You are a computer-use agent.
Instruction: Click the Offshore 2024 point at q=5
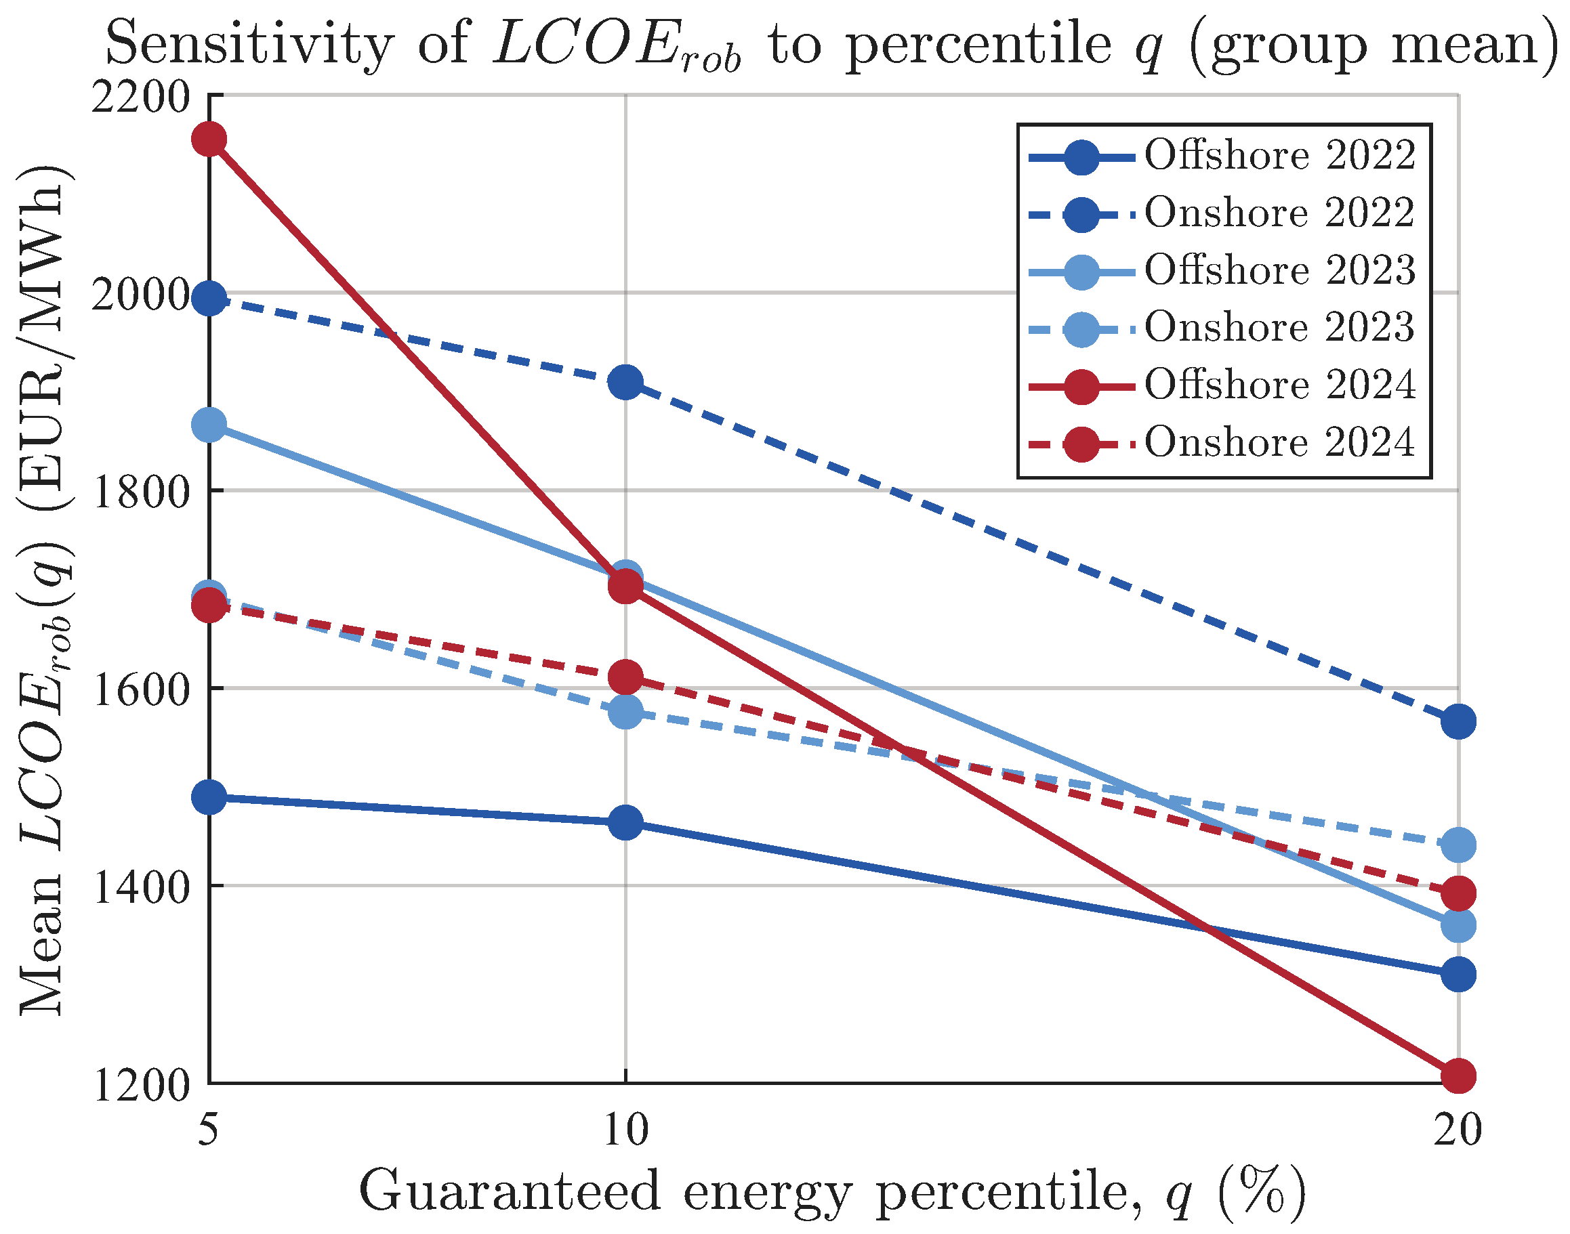tap(209, 139)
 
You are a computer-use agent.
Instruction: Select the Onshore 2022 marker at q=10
tap(625, 381)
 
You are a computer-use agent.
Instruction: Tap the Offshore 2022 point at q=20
tap(1458, 975)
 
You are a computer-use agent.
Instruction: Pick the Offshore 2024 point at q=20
tap(1458, 1076)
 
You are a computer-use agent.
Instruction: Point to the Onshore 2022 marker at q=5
tap(209, 299)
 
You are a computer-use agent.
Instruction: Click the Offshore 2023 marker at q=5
tap(209, 425)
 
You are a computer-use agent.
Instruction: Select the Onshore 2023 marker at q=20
tap(1458, 845)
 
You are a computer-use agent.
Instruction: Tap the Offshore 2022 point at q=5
tap(209, 798)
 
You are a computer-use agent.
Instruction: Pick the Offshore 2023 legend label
tap(1279, 270)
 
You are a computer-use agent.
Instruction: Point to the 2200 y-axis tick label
tap(141, 96)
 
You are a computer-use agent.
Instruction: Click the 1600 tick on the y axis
tap(141, 689)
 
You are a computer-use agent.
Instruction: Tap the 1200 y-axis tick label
tap(141, 1084)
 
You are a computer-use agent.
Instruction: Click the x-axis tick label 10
tap(626, 1129)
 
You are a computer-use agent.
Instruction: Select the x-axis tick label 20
tap(1458, 1129)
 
